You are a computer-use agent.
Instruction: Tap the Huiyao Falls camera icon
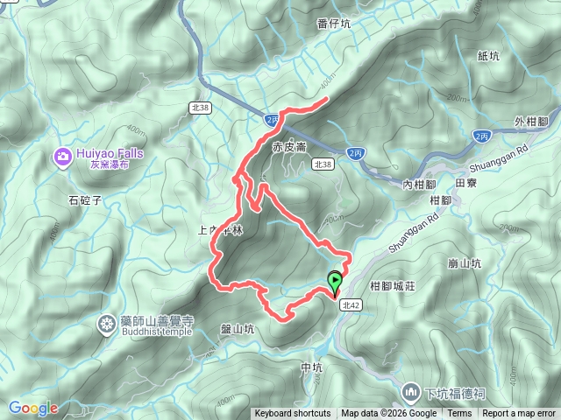(x=63, y=157)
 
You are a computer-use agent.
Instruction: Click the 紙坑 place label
(x=488, y=56)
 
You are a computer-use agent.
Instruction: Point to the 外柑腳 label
(x=531, y=120)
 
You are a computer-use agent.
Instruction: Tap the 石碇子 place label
(x=85, y=199)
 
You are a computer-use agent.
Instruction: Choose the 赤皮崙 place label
(x=288, y=147)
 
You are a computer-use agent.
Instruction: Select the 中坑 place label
(x=312, y=367)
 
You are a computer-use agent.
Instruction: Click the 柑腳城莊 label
(x=397, y=286)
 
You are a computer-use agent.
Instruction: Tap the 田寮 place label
(x=467, y=184)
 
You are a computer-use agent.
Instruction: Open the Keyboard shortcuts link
(x=293, y=414)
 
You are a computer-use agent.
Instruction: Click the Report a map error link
(x=520, y=414)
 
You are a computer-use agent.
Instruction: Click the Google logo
(x=32, y=408)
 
